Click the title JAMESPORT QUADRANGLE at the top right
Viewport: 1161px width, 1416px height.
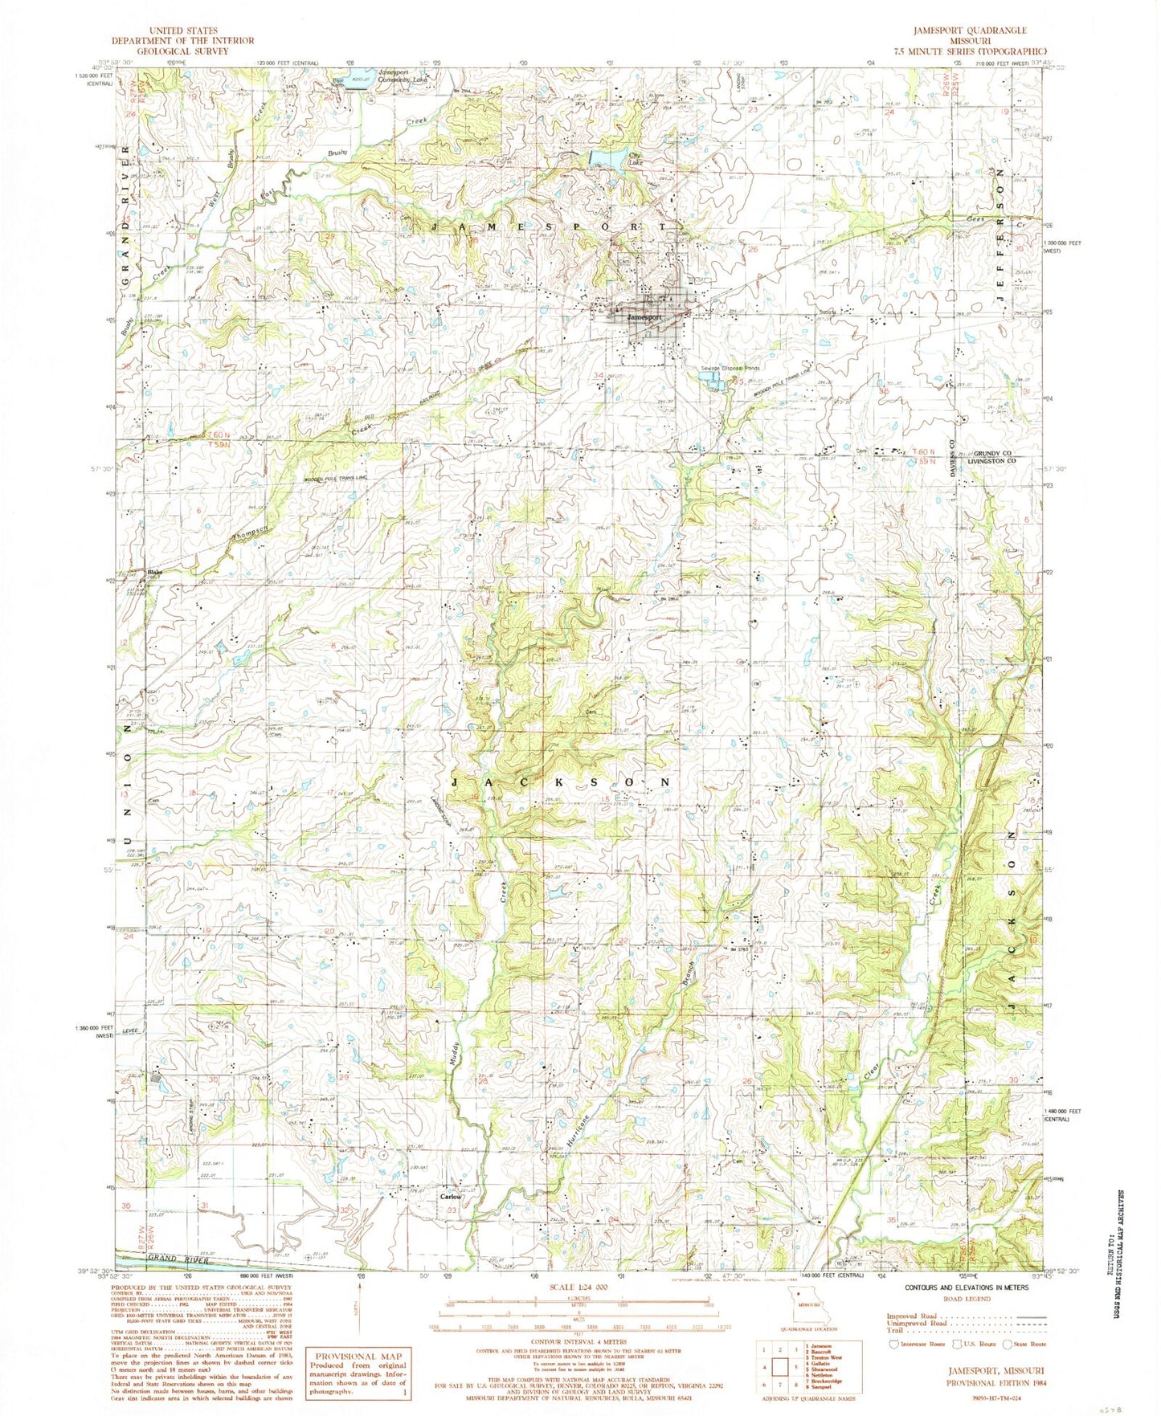968,31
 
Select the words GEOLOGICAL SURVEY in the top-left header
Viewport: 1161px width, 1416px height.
183,51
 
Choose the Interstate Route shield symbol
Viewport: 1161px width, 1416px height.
893,1343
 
